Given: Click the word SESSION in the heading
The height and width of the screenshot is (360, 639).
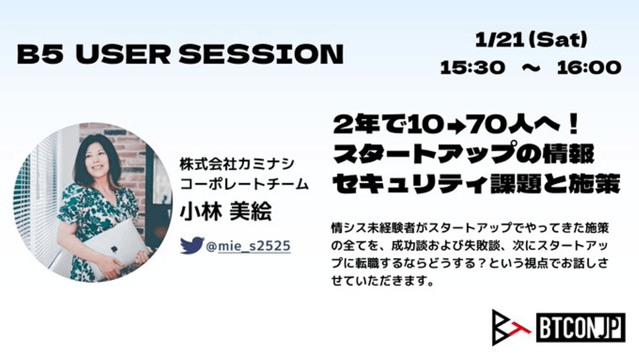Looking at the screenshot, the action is point(261,54).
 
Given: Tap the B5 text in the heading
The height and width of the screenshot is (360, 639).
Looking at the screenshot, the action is point(39,54).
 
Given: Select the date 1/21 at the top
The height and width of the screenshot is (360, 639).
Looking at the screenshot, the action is point(499,40).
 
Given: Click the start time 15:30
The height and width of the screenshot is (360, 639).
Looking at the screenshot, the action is point(473,68).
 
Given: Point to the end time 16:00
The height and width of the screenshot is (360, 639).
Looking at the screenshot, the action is point(589,68).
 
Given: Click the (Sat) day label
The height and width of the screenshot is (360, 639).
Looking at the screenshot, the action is point(556,40).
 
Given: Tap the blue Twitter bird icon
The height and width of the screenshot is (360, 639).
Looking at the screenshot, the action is point(192,245).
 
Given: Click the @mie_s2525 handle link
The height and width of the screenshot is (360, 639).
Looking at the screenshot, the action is point(248,246).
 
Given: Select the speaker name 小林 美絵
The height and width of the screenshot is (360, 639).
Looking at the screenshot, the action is point(225,212).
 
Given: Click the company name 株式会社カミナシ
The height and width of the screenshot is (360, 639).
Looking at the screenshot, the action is point(237,164).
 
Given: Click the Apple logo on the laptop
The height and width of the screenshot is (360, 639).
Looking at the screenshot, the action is point(114,249).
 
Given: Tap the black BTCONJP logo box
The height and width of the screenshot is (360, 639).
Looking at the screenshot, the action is point(581,328).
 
